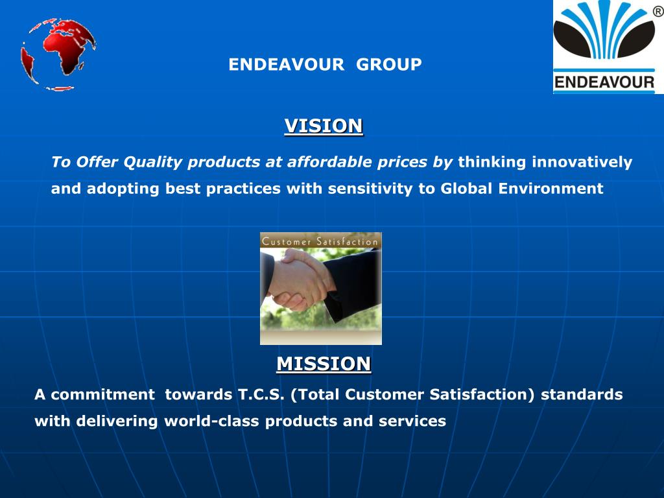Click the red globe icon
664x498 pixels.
pyautogui.click(x=58, y=53)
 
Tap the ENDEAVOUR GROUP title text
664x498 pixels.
pyautogui.click(x=325, y=65)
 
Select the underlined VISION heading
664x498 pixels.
pyautogui.click(x=324, y=126)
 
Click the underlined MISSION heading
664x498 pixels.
pyautogui.click(x=324, y=364)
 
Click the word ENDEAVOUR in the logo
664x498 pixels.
pyautogui.click(x=604, y=82)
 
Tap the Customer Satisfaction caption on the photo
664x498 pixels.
pyautogui.click(x=320, y=241)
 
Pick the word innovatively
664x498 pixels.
pyautogui.click(x=582, y=162)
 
